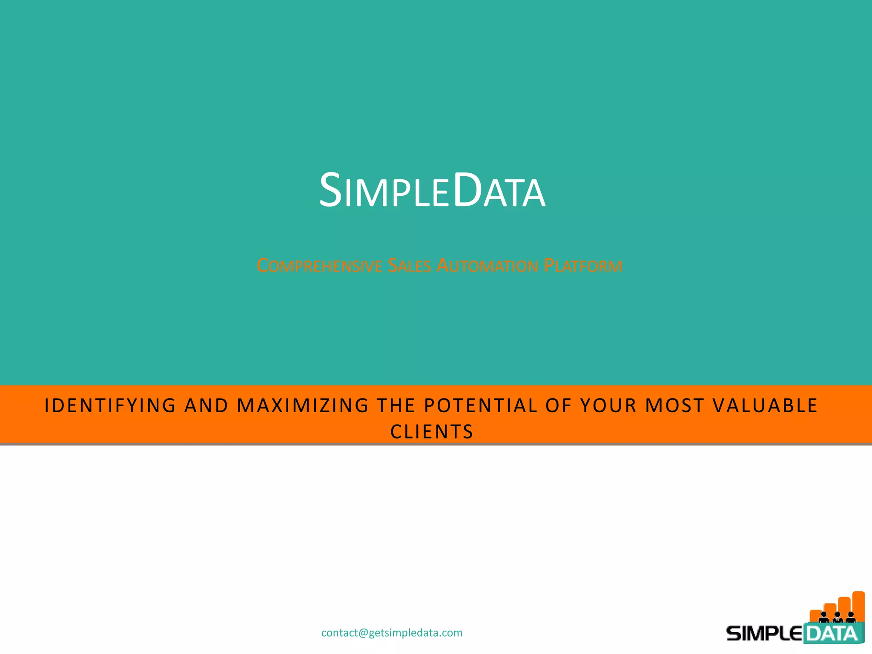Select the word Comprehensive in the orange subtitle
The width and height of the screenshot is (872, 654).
(319, 266)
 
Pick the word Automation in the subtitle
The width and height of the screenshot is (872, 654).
(488, 266)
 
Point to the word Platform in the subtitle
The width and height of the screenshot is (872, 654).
(583, 266)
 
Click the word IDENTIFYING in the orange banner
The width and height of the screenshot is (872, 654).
(110, 405)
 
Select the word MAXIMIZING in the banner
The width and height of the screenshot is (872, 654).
(303, 405)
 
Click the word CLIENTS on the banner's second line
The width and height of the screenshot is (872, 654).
(432, 432)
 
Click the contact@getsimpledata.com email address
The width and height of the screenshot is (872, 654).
(392, 633)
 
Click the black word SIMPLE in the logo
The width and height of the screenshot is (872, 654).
(764, 634)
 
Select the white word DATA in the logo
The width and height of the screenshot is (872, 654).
(832, 634)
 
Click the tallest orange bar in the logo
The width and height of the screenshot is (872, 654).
(858, 605)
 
